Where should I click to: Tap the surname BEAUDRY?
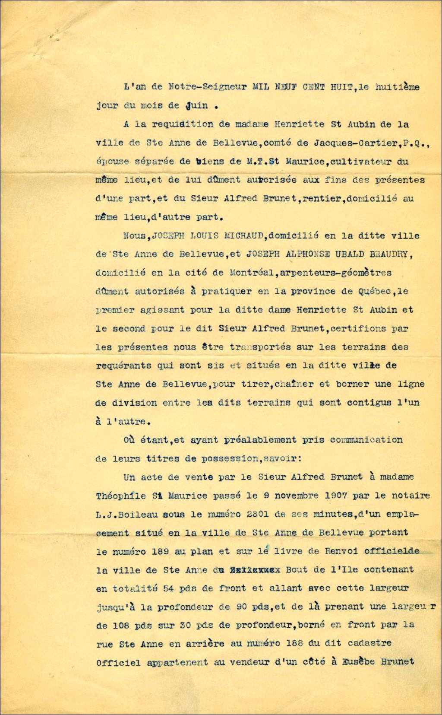coord(388,254)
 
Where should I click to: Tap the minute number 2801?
coord(246,514)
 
